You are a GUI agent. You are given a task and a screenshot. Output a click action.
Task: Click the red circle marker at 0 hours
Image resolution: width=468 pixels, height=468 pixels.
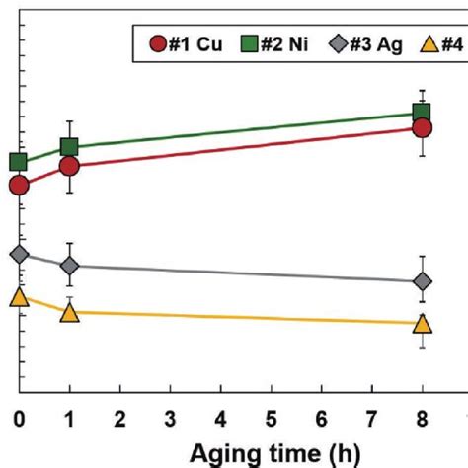(19, 185)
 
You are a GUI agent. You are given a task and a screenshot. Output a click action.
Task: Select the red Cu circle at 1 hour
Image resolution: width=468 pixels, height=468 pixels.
(69, 167)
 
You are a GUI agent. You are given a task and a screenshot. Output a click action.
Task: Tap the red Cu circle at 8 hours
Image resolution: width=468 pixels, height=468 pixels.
(423, 127)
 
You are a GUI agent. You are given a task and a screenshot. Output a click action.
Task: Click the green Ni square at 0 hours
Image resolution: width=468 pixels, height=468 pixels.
(19, 162)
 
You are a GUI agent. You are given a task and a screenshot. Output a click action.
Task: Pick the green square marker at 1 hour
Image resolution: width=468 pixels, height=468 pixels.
(69, 147)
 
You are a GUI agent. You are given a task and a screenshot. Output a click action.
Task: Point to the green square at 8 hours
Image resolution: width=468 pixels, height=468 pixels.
(423, 113)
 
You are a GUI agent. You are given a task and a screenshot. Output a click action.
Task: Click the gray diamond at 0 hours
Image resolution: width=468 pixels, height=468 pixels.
(19, 255)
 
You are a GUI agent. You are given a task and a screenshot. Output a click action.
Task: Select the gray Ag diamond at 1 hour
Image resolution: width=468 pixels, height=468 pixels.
(69, 266)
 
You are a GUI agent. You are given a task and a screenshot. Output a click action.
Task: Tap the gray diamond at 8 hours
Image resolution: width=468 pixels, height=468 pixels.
(423, 282)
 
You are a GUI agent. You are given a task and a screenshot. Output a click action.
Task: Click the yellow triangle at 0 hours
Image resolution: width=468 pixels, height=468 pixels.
(19, 297)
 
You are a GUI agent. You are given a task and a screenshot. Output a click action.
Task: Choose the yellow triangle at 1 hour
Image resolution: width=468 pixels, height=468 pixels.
(69, 312)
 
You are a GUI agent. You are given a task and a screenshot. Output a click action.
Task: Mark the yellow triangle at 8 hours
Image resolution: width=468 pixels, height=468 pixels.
(423, 324)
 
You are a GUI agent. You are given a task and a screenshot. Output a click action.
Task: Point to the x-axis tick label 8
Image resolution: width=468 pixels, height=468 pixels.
(423, 420)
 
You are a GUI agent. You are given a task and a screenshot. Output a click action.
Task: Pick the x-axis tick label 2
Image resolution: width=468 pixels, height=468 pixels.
(119, 420)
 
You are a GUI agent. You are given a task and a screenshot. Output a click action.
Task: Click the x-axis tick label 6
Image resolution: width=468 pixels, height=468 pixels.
(322, 420)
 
